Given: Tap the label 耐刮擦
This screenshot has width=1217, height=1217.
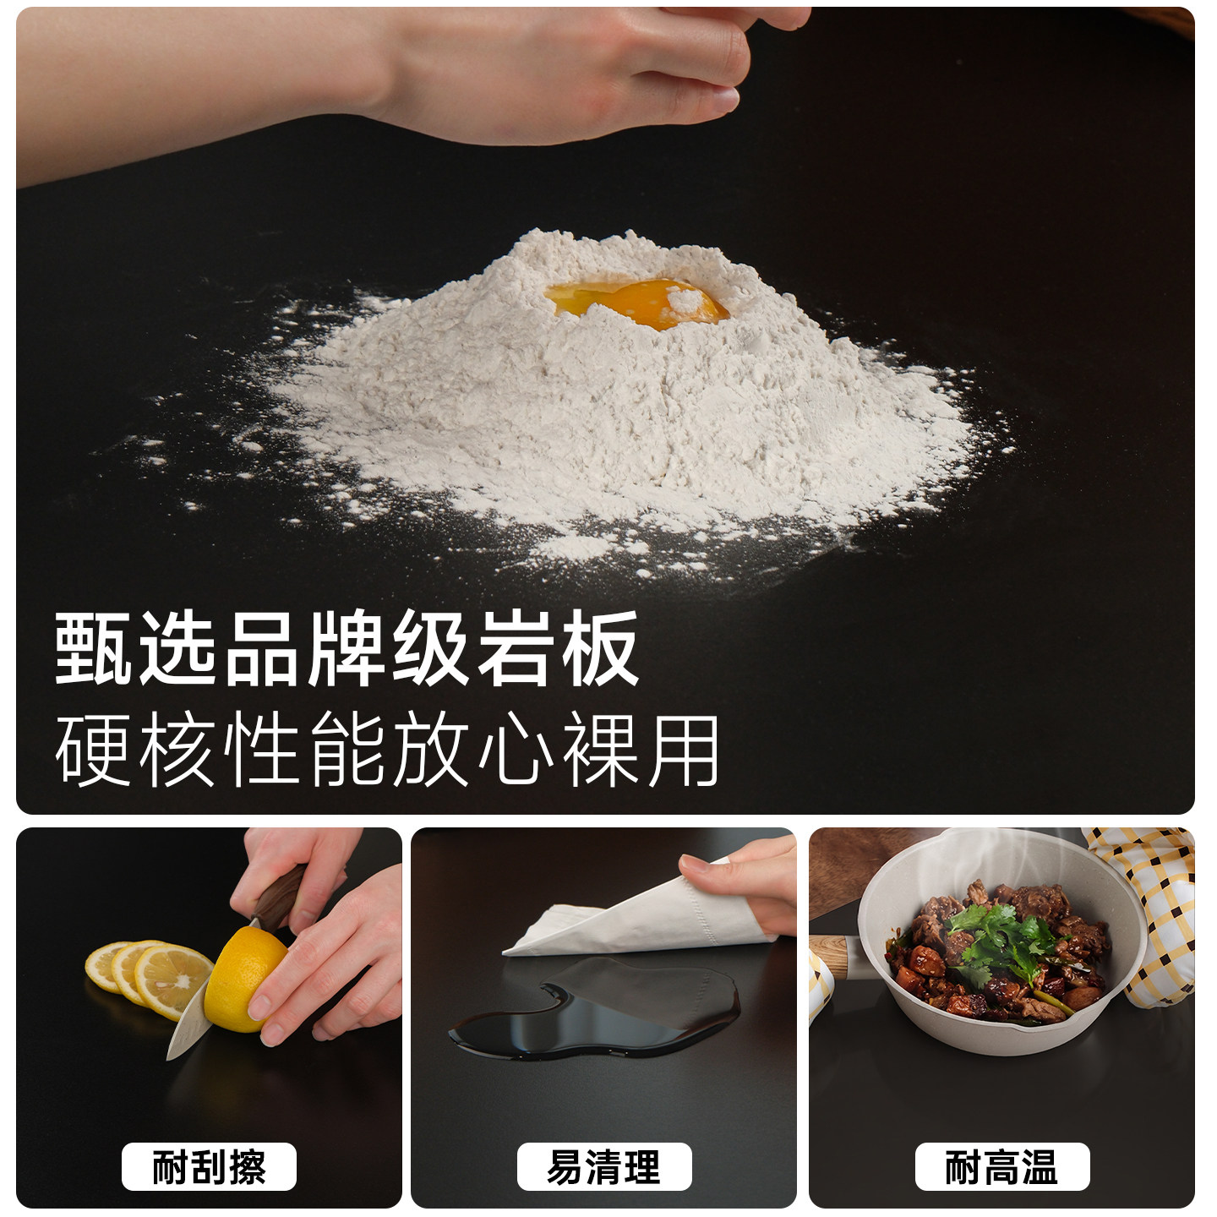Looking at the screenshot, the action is pyautogui.click(x=209, y=1167).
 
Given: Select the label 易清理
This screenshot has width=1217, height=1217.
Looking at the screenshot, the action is pyautogui.click(x=604, y=1167).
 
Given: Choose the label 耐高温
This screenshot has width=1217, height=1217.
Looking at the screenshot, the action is pyautogui.click(x=1002, y=1167).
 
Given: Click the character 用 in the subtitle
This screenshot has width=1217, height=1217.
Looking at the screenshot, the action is pyautogui.click(x=684, y=750).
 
